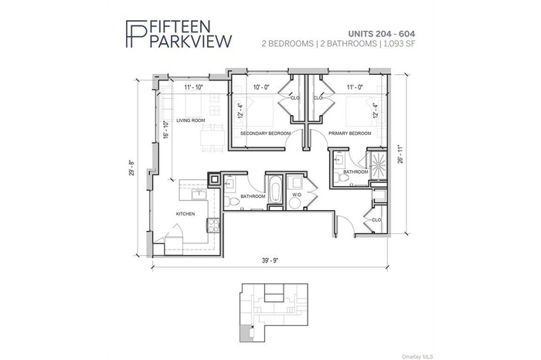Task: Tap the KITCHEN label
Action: (x=185, y=214)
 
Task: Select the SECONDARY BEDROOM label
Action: (x=265, y=133)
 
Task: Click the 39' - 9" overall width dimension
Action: (x=269, y=260)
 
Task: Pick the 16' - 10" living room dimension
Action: (x=165, y=130)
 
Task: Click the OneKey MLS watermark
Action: (x=519, y=354)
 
